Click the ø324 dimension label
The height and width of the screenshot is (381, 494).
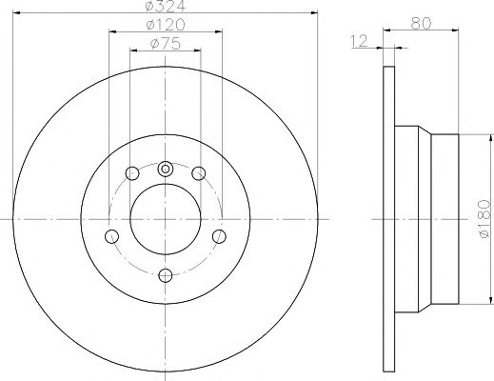coord(165,6)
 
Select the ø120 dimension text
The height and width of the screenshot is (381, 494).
coord(166,25)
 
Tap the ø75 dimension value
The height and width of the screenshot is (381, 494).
coord(166,44)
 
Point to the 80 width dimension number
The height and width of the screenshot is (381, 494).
coord(421,23)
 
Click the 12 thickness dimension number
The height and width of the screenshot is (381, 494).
coord(359,41)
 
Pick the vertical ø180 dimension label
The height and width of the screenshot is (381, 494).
coord(484,219)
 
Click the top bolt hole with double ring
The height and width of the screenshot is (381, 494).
coord(166,169)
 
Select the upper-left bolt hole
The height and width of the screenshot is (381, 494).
coord(132,173)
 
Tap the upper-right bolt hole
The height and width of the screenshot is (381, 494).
coord(199,173)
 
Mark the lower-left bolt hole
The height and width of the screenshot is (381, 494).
coord(111,236)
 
